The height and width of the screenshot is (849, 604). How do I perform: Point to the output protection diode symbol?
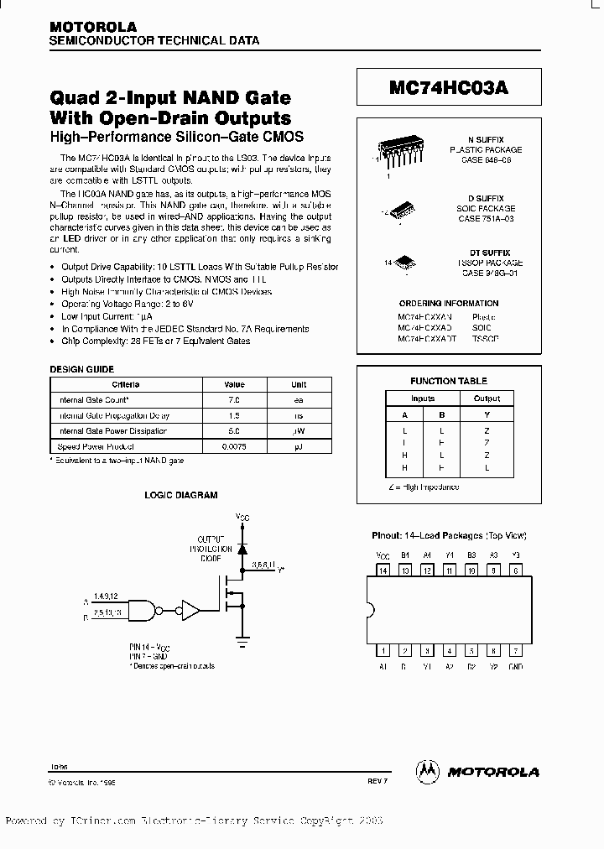click(x=243, y=548)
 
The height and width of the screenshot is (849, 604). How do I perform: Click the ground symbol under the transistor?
click(x=243, y=640)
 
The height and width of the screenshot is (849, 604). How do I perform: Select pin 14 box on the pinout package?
click(x=384, y=570)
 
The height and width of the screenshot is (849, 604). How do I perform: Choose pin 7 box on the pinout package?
click(x=516, y=649)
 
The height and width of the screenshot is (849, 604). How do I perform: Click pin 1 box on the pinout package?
click(x=384, y=649)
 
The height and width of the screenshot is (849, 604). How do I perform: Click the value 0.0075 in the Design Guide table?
click(x=234, y=446)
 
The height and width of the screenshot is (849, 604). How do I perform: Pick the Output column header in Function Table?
click(x=487, y=398)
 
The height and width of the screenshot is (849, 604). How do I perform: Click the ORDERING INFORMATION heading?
click(x=449, y=303)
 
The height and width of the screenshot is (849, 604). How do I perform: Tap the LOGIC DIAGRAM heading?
click(x=182, y=495)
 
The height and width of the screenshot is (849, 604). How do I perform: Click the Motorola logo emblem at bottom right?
click(x=429, y=770)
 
